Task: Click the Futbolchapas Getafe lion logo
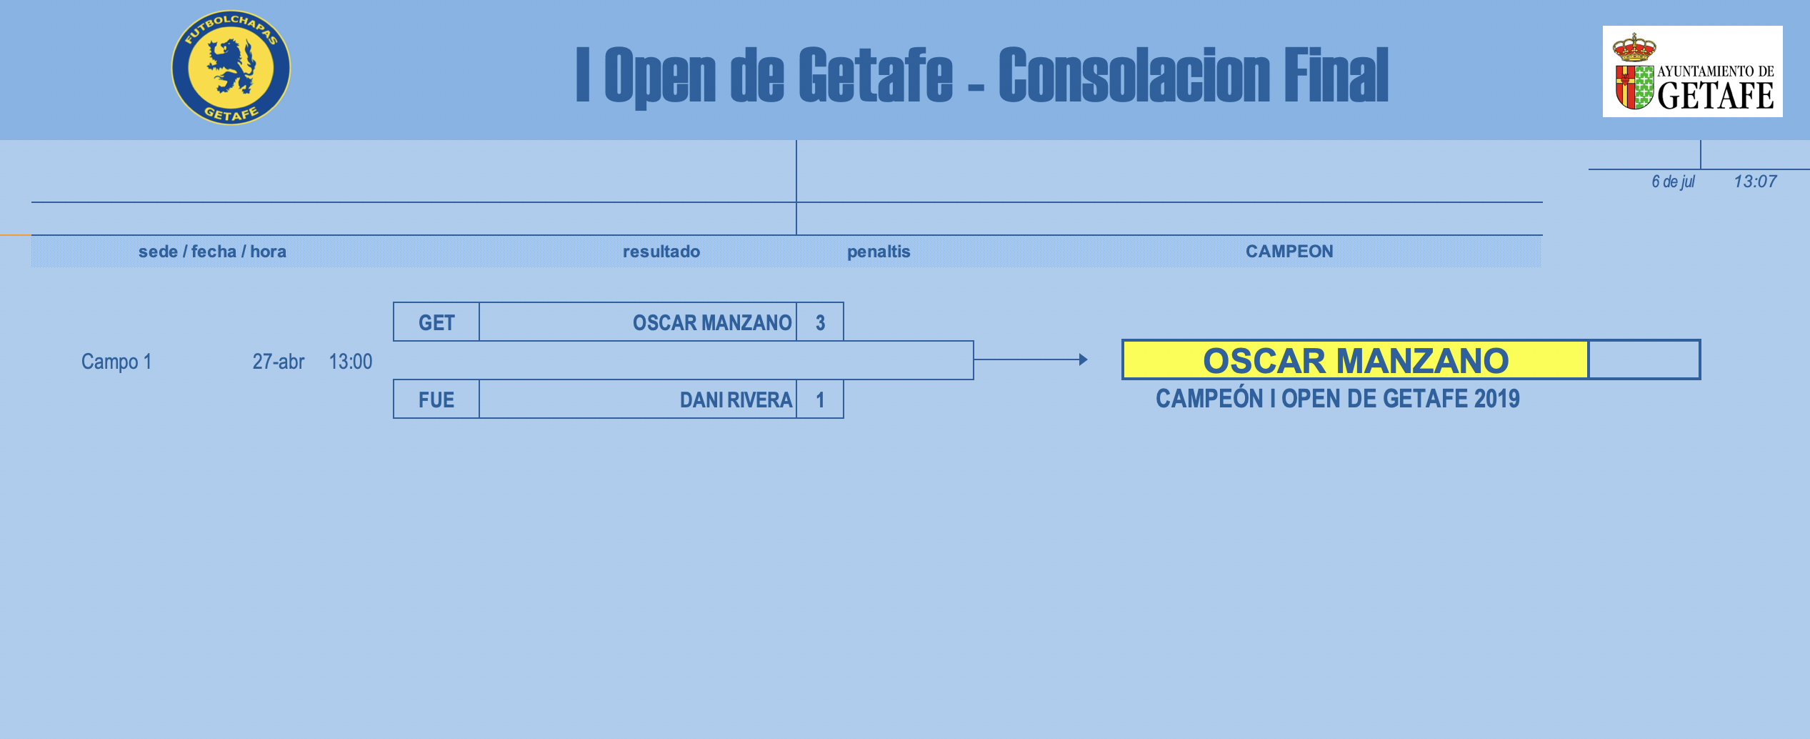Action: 231,68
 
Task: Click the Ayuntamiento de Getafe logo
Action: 1692,71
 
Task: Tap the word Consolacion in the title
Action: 1134,74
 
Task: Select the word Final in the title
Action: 1336,74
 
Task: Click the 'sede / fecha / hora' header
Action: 212,252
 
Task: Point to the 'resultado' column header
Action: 661,252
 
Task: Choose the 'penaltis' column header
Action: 879,252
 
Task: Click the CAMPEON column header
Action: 1289,252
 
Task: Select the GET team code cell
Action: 436,322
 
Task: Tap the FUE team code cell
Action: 436,400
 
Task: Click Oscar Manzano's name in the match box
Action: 712,323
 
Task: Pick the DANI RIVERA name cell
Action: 638,400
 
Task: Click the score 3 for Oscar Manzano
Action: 820,322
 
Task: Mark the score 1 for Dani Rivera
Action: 820,400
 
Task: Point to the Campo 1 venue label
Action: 116,362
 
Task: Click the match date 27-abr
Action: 279,362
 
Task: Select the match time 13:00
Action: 351,362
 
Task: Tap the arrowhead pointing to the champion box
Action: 1084,359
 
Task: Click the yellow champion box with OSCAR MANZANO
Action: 1356,359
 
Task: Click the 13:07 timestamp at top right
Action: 1755,182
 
